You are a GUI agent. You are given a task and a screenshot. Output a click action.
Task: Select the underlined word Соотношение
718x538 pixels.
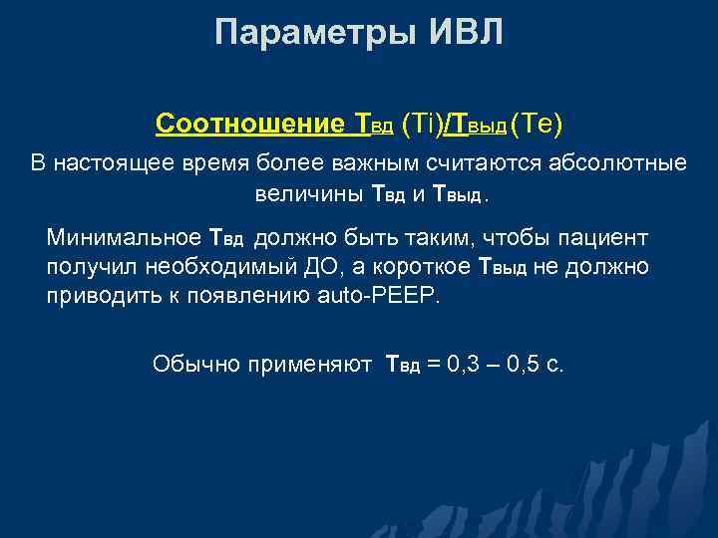click(249, 125)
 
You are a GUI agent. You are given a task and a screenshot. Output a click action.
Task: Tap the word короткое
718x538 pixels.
click(417, 267)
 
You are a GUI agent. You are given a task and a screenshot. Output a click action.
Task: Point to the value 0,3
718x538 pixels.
click(465, 365)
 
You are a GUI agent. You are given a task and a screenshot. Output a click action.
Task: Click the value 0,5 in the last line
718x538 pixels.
click(523, 365)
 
